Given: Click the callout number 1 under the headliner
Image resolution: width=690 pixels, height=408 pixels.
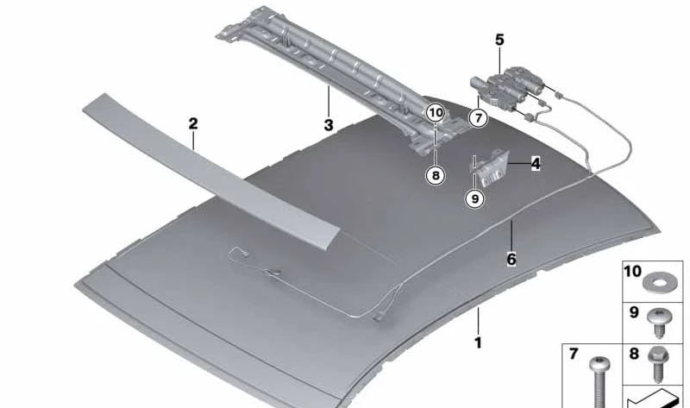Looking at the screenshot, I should click(478, 342).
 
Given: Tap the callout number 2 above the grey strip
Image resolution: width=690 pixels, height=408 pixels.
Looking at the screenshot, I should click(193, 124).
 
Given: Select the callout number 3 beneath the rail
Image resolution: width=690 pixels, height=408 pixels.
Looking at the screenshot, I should click(329, 125).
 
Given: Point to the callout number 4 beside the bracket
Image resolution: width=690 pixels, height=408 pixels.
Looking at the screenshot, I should click(536, 162).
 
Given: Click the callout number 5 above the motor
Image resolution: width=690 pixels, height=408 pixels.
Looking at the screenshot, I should click(499, 39).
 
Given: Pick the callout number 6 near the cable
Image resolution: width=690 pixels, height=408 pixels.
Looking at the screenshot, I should click(511, 259).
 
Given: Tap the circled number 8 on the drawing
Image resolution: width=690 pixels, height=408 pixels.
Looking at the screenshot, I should click(436, 175).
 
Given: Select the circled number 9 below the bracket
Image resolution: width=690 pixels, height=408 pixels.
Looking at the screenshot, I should click(474, 198).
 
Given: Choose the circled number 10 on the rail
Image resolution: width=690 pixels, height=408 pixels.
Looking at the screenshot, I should click(436, 112).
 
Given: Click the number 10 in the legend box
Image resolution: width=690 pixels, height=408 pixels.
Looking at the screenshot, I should click(632, 272).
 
